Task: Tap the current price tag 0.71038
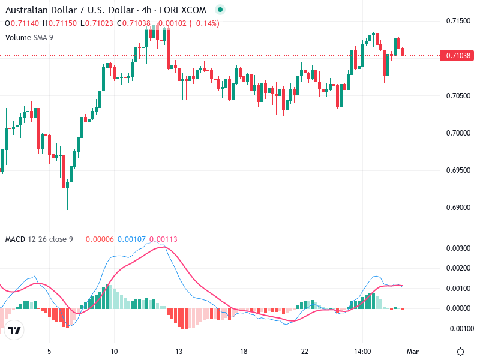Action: pos(459,56)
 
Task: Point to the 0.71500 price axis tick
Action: pos(458,21)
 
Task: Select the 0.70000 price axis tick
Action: pos(458,133)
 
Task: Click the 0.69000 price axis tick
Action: pos(458,208)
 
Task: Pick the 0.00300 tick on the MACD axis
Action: pos(458,248)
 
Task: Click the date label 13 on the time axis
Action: pos(178,352)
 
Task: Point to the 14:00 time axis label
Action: pos(362,352)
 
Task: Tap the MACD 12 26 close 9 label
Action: pos(39,239)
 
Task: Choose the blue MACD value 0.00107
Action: pos(131,239)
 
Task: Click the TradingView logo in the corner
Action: pos(14,331)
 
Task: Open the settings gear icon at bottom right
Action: pos(460,352)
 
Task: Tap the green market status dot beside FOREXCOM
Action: pos(220,10)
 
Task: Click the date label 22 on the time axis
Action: pos(305,352)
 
